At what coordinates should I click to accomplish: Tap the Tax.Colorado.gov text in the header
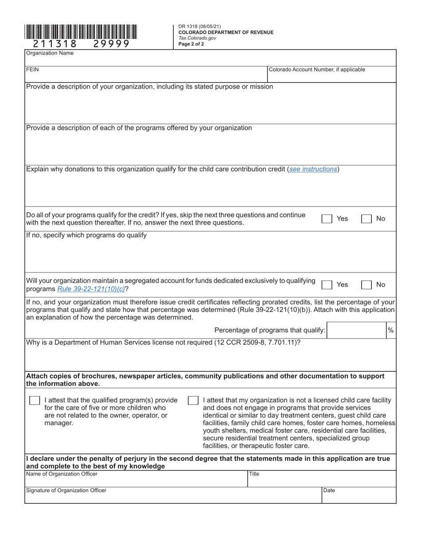pyautogui.click(x=197, y=38)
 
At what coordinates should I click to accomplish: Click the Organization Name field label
pyautogui.click(x=50, y=53)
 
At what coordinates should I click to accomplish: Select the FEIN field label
pyautogui.click(x=32, y=70)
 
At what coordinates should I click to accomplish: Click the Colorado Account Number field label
pyautogui.click(x=317, y=70)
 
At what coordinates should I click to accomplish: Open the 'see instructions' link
pyautogui.click(x=313, y=169)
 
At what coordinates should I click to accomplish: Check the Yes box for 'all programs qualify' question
pyautogui.click(x=327, y=219)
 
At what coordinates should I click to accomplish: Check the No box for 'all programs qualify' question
pyautogui.click(x=366, y=219)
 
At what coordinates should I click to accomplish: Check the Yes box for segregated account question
pyautogui.click(x=327, y=285)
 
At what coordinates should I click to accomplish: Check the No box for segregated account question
pyautogui.click(x=366, y=285)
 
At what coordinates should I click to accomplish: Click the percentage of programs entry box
pyautogui.click(x=356, y=330)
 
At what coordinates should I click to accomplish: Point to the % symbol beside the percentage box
pyautogui.click(x=390, y=330)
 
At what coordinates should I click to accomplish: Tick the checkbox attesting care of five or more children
pyautogui.click(x=34, y=401)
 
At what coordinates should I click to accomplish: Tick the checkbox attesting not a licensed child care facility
pyautogui.click(x=193, y=401)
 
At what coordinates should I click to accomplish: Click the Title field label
pyautogui.click(x=254, y=474)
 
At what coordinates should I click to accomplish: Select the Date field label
pyautogui.click(x=329, y=490)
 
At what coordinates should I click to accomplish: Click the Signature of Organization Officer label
pyautogui.click(x=66, y=490)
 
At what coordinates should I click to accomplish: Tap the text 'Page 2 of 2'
pyautogui.click(x=191, y=44)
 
